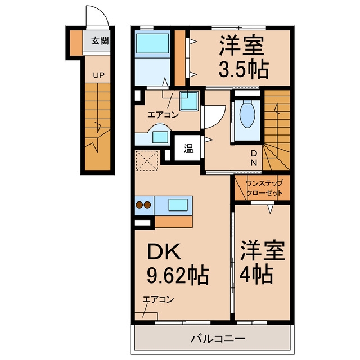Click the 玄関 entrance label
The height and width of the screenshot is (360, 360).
click(100, 41)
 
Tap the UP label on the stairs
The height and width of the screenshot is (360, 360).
click(99, 75)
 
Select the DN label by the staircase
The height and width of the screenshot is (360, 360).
click(254, 158)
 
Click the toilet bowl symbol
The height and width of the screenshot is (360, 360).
click(247, 114)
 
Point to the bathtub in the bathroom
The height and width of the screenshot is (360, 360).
click(152, 43)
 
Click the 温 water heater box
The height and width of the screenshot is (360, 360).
click(188, 148)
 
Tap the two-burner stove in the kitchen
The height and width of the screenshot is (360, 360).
click(143, 205)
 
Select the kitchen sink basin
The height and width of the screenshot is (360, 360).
click(178, 205)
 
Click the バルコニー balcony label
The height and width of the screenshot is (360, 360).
click(218, 338)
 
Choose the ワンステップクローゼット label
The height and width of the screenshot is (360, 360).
click(264, 187)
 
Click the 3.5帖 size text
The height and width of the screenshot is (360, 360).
click(244, 69)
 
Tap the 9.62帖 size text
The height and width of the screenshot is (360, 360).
click(178, 275)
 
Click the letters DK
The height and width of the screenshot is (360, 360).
click(164, 251)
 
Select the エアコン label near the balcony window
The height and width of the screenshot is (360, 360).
click(158, 299)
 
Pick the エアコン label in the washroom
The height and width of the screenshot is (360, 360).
click(163, 114)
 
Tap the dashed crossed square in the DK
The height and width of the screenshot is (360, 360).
click(147, 160)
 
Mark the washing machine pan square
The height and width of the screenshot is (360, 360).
click(189, 101)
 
